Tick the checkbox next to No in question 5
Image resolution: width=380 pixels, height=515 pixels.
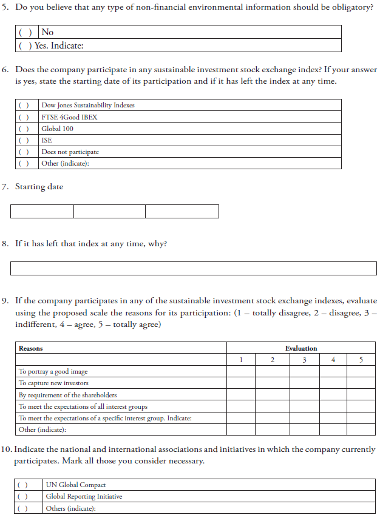tap(25, 32)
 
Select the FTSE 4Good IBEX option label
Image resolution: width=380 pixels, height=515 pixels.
tap(69, 117)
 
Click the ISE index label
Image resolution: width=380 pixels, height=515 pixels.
tap(47, 140)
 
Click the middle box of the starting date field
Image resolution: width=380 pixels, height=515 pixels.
tap(109, 211)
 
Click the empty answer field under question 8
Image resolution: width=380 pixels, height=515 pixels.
tap(194, 268)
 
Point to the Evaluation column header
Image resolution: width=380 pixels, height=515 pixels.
tap(301, 348)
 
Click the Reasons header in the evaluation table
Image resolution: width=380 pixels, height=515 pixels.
tap(31, 348)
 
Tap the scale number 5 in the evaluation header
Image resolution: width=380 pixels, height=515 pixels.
tap(361, 360)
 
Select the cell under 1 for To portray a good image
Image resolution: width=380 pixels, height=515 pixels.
tap(241, 371)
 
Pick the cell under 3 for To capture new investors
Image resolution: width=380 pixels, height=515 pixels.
tap(301, 383)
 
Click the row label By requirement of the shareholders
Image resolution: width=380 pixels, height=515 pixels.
tap(67, 395)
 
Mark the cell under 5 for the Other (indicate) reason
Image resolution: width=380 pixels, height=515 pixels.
tap(361, 429)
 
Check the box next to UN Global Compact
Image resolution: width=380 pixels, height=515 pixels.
tap(22, 485)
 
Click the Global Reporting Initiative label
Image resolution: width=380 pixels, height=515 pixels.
tap(84, 497)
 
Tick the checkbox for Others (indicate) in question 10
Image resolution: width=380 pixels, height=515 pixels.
tap(22, 508)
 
